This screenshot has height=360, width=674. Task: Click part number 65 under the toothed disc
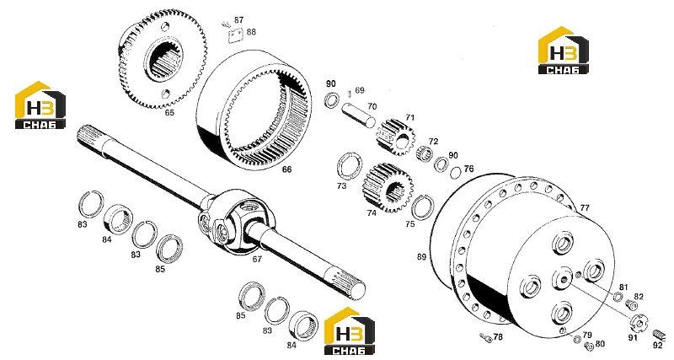[x=170, y=113]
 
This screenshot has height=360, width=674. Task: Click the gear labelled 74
[x=388, y=187]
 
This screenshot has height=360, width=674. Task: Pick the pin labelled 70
[x=359, y=115]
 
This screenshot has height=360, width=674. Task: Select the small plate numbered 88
[x=236, y=35]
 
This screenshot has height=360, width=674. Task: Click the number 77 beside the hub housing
[x=585, y=208]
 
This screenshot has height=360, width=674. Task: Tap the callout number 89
[x=421, y=257]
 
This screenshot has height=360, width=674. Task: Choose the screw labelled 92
[x=658, y=334]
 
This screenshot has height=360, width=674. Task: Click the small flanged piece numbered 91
[x=639, y=322]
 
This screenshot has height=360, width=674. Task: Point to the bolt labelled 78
[x=485, y=337]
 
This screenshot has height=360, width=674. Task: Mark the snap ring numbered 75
[x=422, y=207]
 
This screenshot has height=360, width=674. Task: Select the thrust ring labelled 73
[x=349, y=165]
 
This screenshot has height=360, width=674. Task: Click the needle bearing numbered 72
[x=425, y=153]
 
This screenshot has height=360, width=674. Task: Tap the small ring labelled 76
[x=456, y=172]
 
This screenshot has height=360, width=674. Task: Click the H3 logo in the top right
[x=563, y=51]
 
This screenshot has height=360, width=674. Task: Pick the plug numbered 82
[x=631, y=305]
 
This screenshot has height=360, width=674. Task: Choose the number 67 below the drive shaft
[x=257, y=260]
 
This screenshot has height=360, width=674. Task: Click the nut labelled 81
[x=618, y=296]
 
